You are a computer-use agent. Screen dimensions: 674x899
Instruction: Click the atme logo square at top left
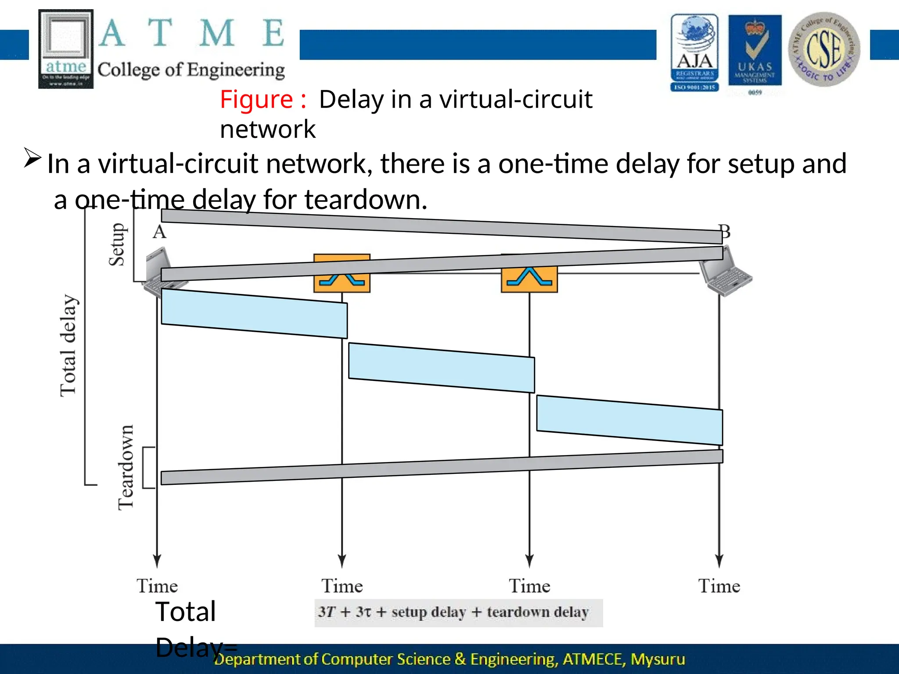tap(66, 49)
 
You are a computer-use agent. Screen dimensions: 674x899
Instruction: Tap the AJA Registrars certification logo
tap(694, 53)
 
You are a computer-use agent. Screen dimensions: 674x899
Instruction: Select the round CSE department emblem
tap(824, 49)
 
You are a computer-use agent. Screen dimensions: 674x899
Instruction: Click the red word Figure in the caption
tap(256, 100)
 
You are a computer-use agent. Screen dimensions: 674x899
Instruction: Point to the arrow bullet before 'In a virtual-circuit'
tap(32, 158)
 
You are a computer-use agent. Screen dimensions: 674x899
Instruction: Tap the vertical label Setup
tap(117, 244)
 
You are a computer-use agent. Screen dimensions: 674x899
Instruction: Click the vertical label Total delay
tap(68, 346)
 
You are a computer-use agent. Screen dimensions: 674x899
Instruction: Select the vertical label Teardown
tap(126, 467)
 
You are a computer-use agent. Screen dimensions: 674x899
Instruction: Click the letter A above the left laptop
tap(159, 232)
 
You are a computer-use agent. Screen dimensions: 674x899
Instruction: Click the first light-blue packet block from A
tap(254, 313)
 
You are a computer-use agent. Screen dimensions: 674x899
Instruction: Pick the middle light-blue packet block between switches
tap(441, 368)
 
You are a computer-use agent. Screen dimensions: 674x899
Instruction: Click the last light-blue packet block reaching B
tap(629, 420)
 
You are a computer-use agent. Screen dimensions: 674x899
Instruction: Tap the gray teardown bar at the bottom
tap(441, 467)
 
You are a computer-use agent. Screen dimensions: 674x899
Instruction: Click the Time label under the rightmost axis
tap(719, 586)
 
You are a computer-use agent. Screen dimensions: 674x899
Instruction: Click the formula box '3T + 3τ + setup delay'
tap(458, 613)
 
